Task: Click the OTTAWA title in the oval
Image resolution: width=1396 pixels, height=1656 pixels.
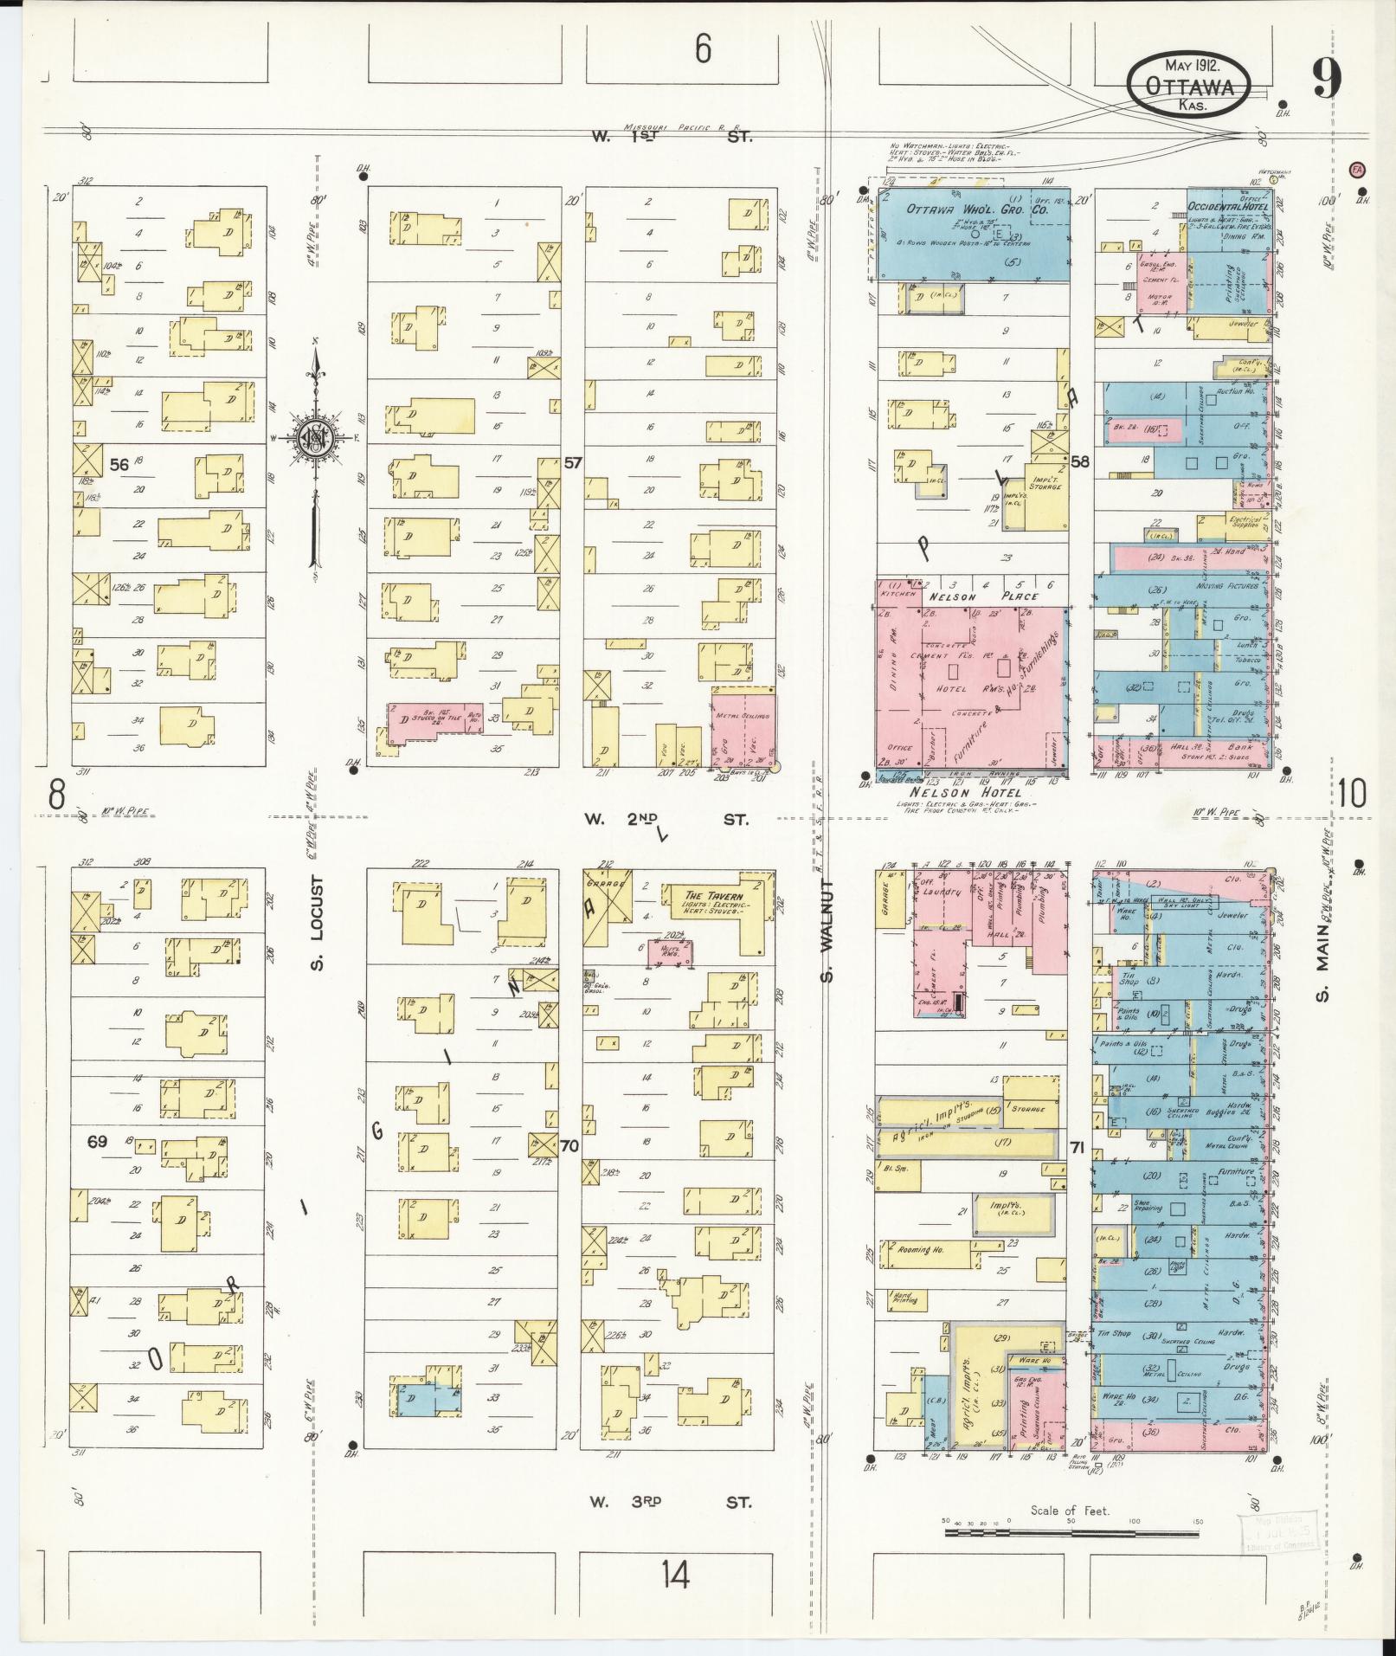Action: click(x=1190, y=87)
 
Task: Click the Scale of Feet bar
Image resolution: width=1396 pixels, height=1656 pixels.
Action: click(x=1071, y=926)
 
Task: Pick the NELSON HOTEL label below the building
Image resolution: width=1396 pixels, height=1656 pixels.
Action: click(x=965, y=792)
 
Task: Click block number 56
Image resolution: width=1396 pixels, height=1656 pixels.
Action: click(x=119, y=465)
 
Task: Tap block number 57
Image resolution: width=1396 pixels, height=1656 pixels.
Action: click(x=573, y=463)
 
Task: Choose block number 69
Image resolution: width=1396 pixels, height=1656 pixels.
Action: click(x=97, y=1142)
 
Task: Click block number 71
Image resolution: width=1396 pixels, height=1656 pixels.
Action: click(x=1077, y=1149)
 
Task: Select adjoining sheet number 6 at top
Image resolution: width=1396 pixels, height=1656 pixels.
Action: click(x=703, y=48)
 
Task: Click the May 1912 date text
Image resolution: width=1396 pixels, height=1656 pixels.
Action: click(x=1192, y=65)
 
